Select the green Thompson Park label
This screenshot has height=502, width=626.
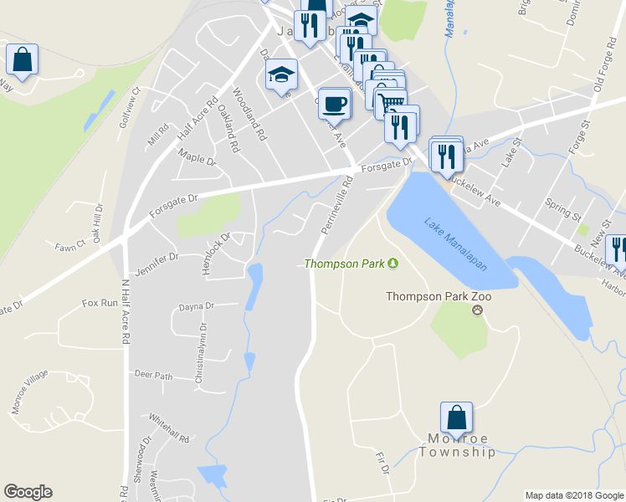pos(344,264)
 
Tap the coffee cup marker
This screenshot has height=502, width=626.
pos(334,105)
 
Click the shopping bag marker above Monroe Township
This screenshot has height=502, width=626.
pos(456,417)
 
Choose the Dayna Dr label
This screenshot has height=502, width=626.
pos(197,307)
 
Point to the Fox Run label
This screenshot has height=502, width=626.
pos(100,303)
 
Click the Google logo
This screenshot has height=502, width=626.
pos(28,492)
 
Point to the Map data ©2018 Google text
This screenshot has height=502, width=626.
pos(574,495)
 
